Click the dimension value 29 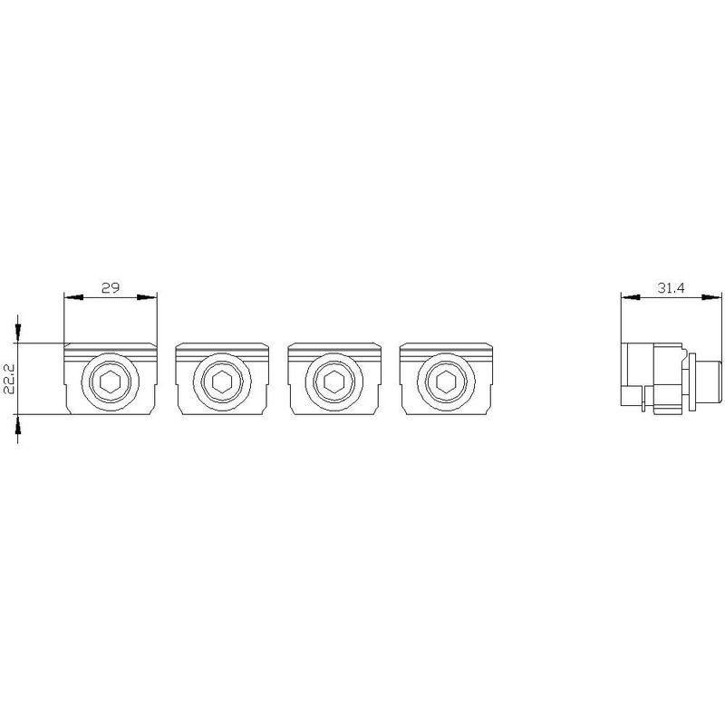[x=111, y=287]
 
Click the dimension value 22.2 [x=10, y=378]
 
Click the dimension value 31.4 [x=671, y=287]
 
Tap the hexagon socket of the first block [x=111, y=382]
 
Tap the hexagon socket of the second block [x=222, y=382]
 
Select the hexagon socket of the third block [x=333, y=382]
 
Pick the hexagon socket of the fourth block [x=446, y=382]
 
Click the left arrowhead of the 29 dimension [x=73, y=297]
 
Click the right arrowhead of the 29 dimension [x=148, y=297]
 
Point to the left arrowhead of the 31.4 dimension [x=631, y=297]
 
